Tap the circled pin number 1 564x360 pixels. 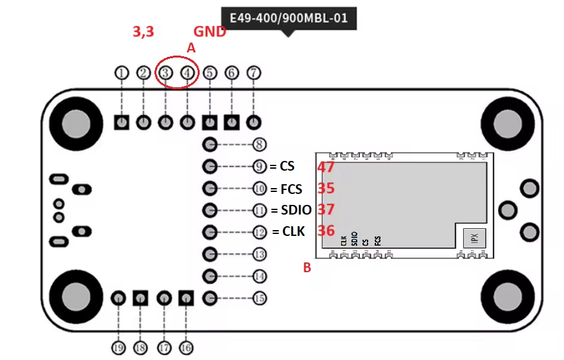pyautogui.click(x=122, y=73)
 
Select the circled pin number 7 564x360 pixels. pyautogui.click(x=254, y=73)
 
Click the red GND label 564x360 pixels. pyautogui.click(x=211, y=32)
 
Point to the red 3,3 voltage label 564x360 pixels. pyautogui.click(x=143, y=32)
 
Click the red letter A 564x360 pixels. pyautogui.click(x=191, y=48)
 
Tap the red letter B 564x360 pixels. pyautogui.click(x=307, y=267)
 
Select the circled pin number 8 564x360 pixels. pyautogui.click(x=260, y=144)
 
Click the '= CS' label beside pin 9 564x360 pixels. pyautogui.click(x=282, y=166)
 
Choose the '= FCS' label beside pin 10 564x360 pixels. pyautogui.click(x=286, y=189)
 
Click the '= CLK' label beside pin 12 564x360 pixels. pyautogui.click(x=288, y=231)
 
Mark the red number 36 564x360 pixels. pyautogui.click(x=326, y=231)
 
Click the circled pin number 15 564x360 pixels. pyautogui.click(x=260, y=298)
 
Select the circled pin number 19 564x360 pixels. pyautogui.click(x=118, y=348)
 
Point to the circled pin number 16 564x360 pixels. pyautogui.click(x=186, y=348)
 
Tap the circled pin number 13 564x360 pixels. pyautogui.click(x=260, y=254)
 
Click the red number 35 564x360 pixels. pyautogui.click(x=326, y=189)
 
